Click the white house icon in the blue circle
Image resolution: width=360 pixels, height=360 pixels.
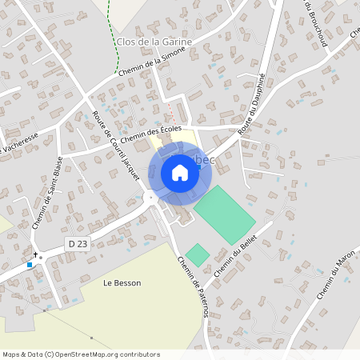click(x=180, y=172)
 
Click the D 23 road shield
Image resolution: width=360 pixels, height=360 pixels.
click(x=74, y=242)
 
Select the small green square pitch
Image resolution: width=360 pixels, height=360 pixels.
click(x=198, y=255)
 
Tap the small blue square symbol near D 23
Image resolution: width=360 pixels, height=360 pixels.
click(x=30, y=264)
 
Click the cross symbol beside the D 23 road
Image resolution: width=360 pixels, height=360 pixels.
click(x=35, y=254)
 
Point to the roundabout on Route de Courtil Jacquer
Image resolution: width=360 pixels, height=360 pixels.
click(x=150, y=197)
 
